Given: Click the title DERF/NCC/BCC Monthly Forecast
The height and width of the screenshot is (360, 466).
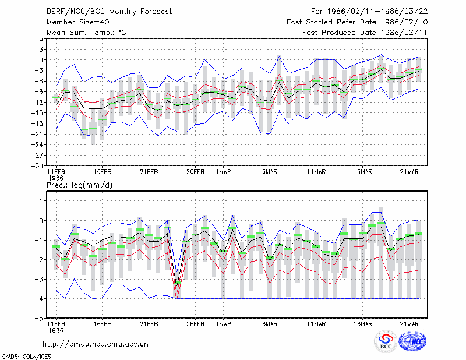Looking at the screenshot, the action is click(109, 12).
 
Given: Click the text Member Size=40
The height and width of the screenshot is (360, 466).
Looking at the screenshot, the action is click(78, 22).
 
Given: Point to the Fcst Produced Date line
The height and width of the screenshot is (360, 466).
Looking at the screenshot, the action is click(365, 33).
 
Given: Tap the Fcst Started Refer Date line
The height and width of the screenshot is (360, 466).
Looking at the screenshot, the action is click(357, 22).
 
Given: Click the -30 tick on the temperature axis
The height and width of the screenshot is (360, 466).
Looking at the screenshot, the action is click(37, 166).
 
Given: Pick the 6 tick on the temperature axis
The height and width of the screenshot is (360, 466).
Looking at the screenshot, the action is click(41, 38).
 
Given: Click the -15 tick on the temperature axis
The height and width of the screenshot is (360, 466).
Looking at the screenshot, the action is click(37, 112).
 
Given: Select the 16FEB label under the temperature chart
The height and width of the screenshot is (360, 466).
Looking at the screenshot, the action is click(103, 172).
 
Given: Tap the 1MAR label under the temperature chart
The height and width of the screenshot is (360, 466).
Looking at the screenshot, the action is click(224, 172).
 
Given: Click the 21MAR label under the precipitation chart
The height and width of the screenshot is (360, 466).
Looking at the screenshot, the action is click(409, 324).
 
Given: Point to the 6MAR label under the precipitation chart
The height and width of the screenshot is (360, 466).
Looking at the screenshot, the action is click(270, 324).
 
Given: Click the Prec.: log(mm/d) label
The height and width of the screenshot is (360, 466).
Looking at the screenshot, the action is click(79, 185).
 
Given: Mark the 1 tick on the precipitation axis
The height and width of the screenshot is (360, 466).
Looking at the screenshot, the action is click(41, 201).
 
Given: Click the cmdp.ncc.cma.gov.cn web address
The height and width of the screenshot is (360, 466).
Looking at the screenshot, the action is click(96, 344).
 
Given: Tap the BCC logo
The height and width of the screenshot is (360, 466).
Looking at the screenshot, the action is click(386, 341).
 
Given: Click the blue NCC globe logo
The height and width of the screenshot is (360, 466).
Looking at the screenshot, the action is click(412, 341).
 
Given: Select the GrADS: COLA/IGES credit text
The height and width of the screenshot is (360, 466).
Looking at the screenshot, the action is click(26, 357).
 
